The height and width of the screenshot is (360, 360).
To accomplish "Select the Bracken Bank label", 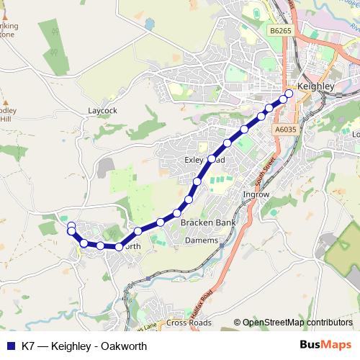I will (208, 223).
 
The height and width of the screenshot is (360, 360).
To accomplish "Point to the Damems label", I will (202, 240).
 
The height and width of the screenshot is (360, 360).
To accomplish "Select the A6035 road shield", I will (285, 129).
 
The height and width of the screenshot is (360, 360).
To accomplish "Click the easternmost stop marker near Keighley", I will (289, 94).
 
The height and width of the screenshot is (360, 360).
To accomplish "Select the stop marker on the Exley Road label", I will (212, 158).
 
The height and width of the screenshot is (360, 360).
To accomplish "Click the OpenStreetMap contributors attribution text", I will (297, 323).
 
